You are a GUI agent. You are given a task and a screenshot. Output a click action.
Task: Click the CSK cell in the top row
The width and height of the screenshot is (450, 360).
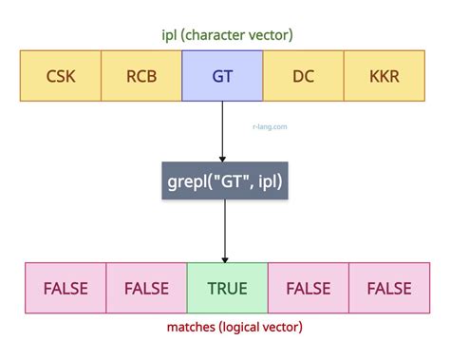[60, 76]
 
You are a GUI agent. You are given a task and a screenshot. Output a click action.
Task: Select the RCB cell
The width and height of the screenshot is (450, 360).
[141, 76]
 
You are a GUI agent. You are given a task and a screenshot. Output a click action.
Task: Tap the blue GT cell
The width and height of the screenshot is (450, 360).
[223, 76]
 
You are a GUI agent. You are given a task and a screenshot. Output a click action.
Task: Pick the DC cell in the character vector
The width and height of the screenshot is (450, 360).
[304, 76]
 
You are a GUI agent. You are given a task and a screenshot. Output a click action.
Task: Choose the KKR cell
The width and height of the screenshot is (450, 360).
[384, 76]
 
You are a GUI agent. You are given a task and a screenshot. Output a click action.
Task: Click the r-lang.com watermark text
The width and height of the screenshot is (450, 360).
[271, 124]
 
